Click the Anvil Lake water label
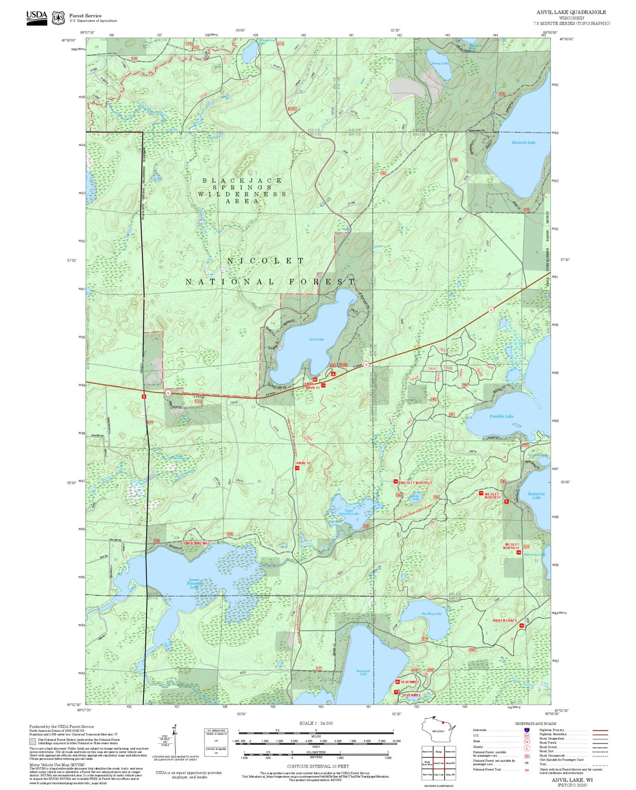click(316, 339)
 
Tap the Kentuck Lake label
click(524, 143)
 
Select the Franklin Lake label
click(501, 416)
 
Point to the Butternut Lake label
click(536, 496)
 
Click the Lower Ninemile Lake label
click(194, 583)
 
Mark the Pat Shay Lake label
click(432, 614)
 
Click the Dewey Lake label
click(440, 64)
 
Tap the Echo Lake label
click(416, 497)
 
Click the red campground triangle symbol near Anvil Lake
click(333, 374)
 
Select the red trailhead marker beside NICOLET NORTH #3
click(395, 482)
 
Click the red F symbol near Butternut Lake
click(506, 501)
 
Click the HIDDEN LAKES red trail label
click(505, 620)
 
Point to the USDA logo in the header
click(37, 18)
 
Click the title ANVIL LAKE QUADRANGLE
click(571, 12)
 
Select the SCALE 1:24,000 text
click(316, 723)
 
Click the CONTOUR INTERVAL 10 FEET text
click(318, 766)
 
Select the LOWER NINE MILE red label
click(195, 543)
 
